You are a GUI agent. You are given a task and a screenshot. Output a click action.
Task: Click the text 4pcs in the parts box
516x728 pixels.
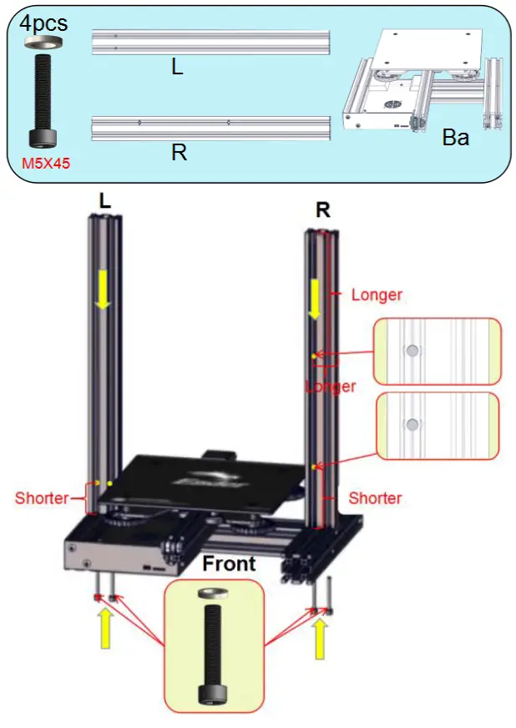tap(43, 22)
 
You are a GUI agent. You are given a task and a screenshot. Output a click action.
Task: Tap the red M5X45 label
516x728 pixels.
tap(45, 164)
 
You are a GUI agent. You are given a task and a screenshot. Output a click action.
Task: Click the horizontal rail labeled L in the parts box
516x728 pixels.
tap(212, 42)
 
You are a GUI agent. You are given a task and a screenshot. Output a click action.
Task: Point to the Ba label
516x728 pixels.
tap(455, 139)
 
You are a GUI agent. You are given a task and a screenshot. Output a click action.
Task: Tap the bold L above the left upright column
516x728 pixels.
tap(104, 201)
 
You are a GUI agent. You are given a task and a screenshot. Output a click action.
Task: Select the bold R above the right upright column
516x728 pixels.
tap(322, 210)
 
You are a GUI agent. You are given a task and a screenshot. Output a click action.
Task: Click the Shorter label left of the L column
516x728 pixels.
tap(42, 498)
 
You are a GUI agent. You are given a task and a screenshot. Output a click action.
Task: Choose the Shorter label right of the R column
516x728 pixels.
tap(375, 498)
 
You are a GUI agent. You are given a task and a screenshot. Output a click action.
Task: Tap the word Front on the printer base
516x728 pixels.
tap(229, 564)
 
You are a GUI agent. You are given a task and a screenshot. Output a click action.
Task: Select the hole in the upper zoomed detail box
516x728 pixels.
tap(411, 351)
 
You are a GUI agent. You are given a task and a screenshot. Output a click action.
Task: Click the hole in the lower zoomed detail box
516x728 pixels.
tap(411, 425)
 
